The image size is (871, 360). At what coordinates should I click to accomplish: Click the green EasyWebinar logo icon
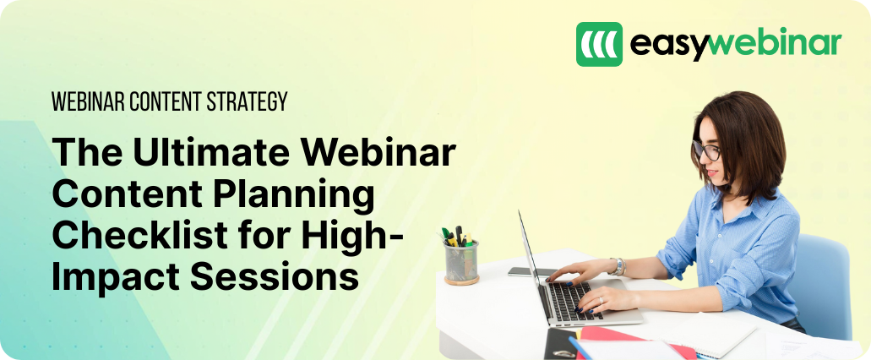click(599, 45)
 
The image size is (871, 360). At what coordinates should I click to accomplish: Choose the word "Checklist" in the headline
click(140, 235)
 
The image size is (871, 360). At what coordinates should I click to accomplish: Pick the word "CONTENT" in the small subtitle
click(165, 101)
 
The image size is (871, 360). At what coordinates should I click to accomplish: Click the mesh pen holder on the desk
click(461, 262)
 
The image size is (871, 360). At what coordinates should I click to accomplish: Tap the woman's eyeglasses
click(706, 150)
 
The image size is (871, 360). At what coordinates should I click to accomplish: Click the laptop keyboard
click(572, 301)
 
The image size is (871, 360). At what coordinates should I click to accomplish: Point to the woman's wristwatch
click(618, 267)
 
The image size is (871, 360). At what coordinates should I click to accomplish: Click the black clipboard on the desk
click(560, 344)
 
